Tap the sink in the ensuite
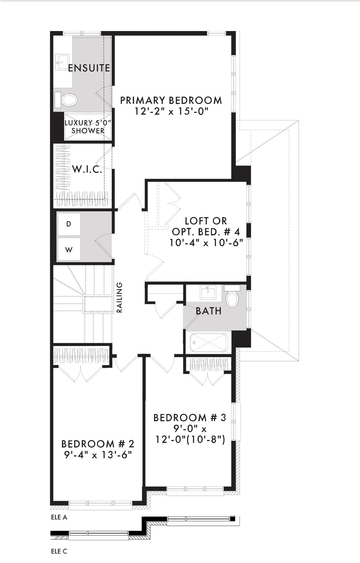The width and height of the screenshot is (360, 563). pos(62,62)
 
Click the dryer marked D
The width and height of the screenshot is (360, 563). pos(69,224)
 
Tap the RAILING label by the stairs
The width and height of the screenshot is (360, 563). pos(119,297)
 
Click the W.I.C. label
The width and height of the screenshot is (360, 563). pos(87,169)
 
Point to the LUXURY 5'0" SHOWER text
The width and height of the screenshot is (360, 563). pos(88,127)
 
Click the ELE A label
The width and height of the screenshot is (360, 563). pos(59,517)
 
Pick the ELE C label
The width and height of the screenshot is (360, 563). pos(59,552)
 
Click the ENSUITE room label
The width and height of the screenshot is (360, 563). pos(89,68)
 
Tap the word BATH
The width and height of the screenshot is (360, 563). pos(209,311)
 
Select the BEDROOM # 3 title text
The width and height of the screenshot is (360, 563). pos(190,417)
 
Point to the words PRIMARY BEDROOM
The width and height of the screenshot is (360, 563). pos(171,100)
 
